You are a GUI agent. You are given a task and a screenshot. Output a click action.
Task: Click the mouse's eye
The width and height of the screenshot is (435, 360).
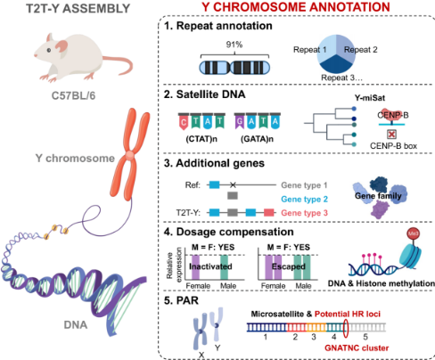[49, 50]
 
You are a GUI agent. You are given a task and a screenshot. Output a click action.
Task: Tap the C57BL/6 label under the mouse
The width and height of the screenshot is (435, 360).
[73, 96]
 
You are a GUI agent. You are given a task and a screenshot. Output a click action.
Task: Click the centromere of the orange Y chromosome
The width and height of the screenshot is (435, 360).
[129, 155]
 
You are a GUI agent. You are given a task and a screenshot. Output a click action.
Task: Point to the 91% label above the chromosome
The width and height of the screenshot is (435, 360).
[234, 45]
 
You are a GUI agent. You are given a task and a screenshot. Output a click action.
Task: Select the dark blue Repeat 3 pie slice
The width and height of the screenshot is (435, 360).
[336, 63]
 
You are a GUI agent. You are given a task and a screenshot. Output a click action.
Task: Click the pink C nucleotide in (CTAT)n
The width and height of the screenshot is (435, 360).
[184, 122]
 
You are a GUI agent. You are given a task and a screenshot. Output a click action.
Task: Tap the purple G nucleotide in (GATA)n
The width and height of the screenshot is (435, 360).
[239, 121]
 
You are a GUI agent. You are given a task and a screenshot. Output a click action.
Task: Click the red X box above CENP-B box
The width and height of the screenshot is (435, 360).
[391, 135]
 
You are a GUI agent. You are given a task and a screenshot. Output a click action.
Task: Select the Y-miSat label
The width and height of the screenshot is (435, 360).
[370, 98]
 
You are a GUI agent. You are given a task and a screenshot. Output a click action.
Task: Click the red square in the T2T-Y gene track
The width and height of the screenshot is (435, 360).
[269, 212]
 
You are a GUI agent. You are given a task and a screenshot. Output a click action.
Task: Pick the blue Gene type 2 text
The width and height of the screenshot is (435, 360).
[304, 199]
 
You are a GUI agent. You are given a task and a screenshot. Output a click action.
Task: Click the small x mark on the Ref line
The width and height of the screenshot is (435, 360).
[233, 185]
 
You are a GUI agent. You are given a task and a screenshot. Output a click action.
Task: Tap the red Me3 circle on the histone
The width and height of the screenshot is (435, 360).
[413, 233]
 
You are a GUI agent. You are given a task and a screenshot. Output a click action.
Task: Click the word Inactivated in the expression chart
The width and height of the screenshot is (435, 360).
[210, 266]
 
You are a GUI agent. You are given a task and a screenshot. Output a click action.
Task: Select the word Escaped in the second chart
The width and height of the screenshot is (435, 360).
[288, 266]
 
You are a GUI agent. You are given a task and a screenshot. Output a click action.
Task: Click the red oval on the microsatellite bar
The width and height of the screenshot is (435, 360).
[346, 328]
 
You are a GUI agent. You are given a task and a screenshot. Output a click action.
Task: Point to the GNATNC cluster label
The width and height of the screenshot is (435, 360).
[357, 348]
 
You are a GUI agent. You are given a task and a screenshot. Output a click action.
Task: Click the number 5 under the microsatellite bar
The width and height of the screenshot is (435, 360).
[365, 337]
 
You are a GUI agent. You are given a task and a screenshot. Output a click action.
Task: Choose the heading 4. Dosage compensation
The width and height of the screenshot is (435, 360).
[229, 232]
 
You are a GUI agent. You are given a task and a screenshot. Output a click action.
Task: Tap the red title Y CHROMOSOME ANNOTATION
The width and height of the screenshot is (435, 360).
[296, 7]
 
